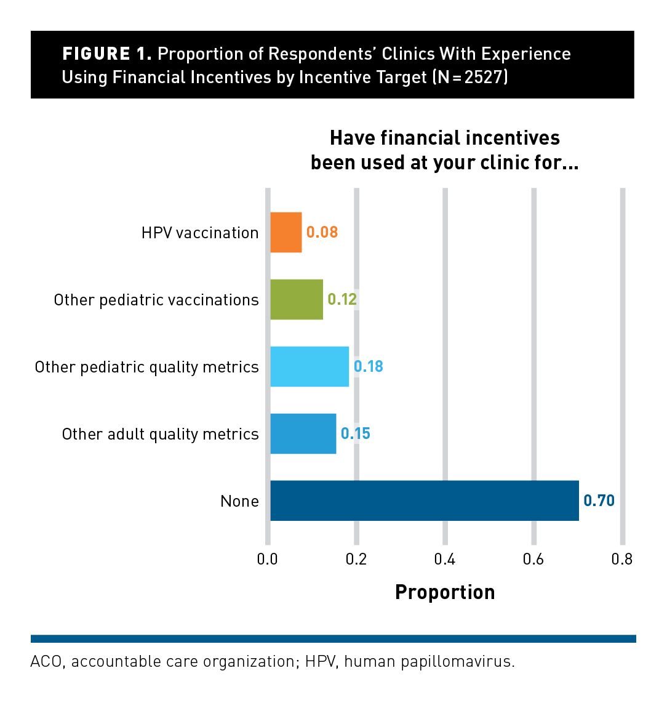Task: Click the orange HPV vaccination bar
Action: click(x=286, y=232)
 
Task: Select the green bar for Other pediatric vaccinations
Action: click(x=297, y=299)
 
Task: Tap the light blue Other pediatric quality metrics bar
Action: click(x=310, y=367)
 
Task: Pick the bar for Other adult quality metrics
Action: click(x=303, y=433)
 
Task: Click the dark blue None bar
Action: click(x=425, y=501)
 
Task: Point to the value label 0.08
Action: click(x=322, y=232)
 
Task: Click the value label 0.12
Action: click(x=342, y=299)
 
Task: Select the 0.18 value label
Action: click(x=368, y=366)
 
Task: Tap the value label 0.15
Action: click(x=356, y=433)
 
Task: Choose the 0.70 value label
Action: click(x=599, y=501)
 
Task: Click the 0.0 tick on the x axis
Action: click(x=267, y=560)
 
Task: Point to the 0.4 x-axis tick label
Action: click(x=444, y=560)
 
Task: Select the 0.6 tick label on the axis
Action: click(x=533, y=560)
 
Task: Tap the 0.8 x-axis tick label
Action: click(x=622, y=560)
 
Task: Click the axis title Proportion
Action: click(x=445, y=592)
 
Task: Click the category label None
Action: click(x=239, y=501)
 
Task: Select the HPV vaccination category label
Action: click(x=200, y=233)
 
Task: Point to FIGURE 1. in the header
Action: click(x=107, y=54)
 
